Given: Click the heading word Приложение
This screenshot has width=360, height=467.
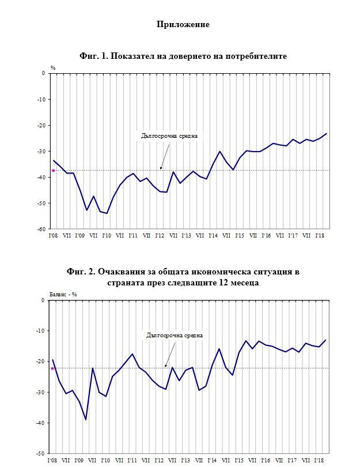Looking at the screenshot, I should point(183,24).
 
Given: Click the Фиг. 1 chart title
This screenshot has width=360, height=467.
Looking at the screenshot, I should point(183,56).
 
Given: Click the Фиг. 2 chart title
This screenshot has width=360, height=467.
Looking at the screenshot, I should point(183,277).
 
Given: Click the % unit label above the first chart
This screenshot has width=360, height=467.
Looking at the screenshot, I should point(52,67).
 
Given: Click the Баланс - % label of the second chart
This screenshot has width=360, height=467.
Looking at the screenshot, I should point(63,293).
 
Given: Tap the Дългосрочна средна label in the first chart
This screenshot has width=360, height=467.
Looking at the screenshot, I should point(169,137).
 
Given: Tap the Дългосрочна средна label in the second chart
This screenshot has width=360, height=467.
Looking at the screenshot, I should point(175,334).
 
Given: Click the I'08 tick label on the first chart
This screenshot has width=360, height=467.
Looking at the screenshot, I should point(53,235).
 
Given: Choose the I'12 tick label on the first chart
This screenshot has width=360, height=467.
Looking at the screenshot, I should point(159,235).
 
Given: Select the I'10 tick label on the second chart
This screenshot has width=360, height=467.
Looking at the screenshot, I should point(106,461).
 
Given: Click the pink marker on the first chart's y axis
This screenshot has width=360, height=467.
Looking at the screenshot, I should point(53,171).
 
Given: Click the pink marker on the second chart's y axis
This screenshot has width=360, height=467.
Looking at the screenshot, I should point(52,368).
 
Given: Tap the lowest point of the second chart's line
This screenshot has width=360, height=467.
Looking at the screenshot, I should point(86,420).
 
